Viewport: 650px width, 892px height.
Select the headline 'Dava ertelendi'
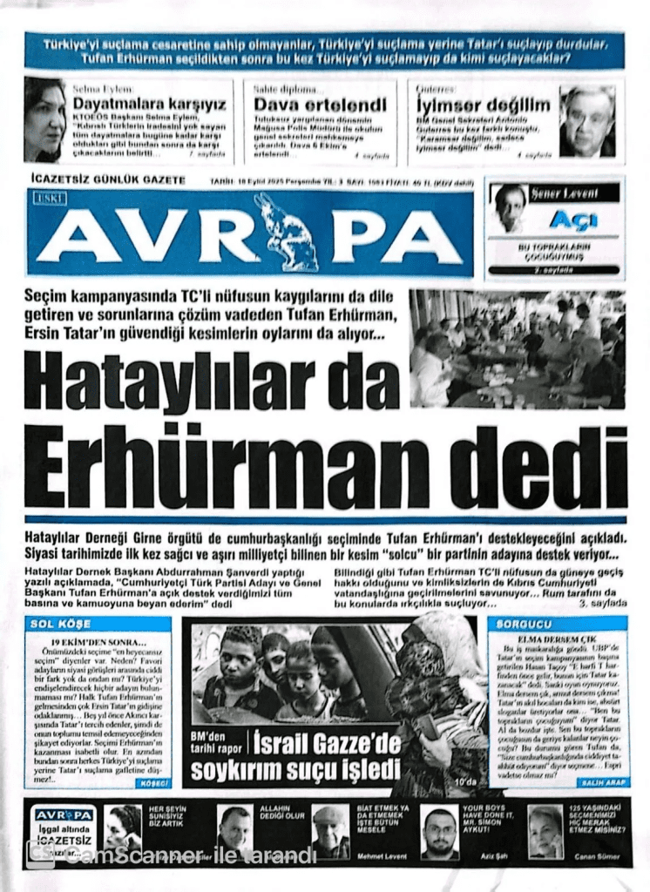pos(320,105)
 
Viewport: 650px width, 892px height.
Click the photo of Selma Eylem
pos(44,119)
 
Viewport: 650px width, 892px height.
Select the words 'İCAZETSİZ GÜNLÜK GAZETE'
pos(107,179)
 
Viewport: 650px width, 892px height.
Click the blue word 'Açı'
pos(573,220)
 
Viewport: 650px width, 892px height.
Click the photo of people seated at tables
pos(517,348)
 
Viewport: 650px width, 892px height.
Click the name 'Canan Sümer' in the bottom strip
pos(597,855)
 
